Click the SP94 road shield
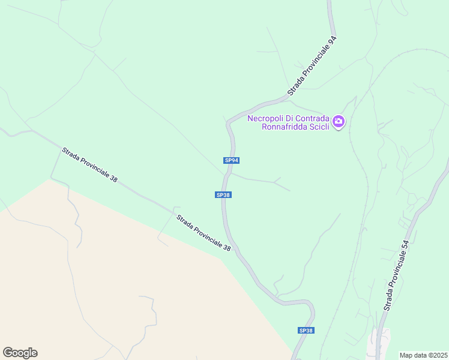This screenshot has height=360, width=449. point(232,160)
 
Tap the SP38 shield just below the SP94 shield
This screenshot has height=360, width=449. point(223,194)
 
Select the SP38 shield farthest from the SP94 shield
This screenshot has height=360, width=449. point(306,331)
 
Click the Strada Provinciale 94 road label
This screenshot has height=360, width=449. point(312,66)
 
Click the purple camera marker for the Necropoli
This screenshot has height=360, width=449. point(339,122)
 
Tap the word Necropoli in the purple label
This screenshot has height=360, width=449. point(266,118)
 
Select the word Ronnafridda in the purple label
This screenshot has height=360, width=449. point(286,127)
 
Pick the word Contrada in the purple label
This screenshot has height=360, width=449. point(313,118)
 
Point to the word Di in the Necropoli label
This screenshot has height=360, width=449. point(291,118)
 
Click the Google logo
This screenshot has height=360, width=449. point(20,353)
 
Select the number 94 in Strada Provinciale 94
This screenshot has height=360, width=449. point(331,43)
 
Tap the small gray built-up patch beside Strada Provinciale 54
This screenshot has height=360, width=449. point(381,343)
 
